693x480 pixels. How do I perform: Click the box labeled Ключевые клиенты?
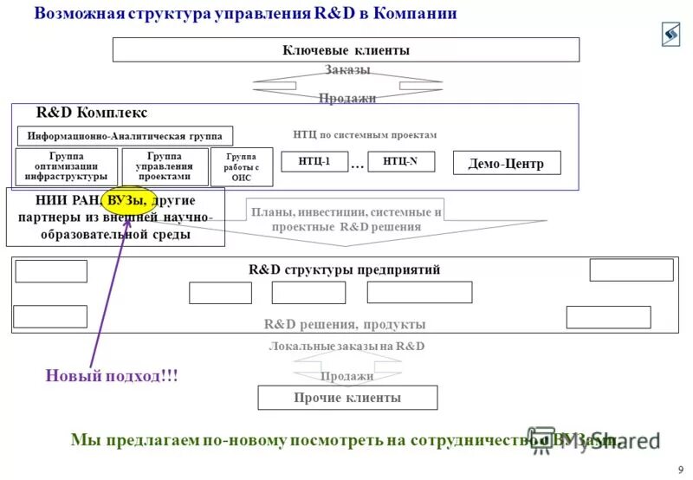click(346, 50)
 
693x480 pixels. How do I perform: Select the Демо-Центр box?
click(507, 163)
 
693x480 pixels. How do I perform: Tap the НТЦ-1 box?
click(314, 161)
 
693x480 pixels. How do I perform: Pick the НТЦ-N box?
click(400, 161)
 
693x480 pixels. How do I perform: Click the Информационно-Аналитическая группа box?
click(126, 136)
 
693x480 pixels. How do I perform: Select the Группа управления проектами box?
click(164, 166)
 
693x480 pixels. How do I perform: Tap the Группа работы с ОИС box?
click(241, 167)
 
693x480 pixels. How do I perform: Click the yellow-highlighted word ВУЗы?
click(127, 201)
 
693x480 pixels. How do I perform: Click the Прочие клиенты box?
click(346, 398)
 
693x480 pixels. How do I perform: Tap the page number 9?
click(680, 470)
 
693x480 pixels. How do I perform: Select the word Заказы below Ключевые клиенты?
click(347, 69)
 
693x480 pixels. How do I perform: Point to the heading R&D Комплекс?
click(92, 114)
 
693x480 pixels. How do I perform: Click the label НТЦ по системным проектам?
click(365, 135)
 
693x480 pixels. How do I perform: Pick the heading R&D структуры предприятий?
click(344, 269)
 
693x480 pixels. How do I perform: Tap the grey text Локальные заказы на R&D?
click(346, 346)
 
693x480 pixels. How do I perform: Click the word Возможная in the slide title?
click(74, 13)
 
